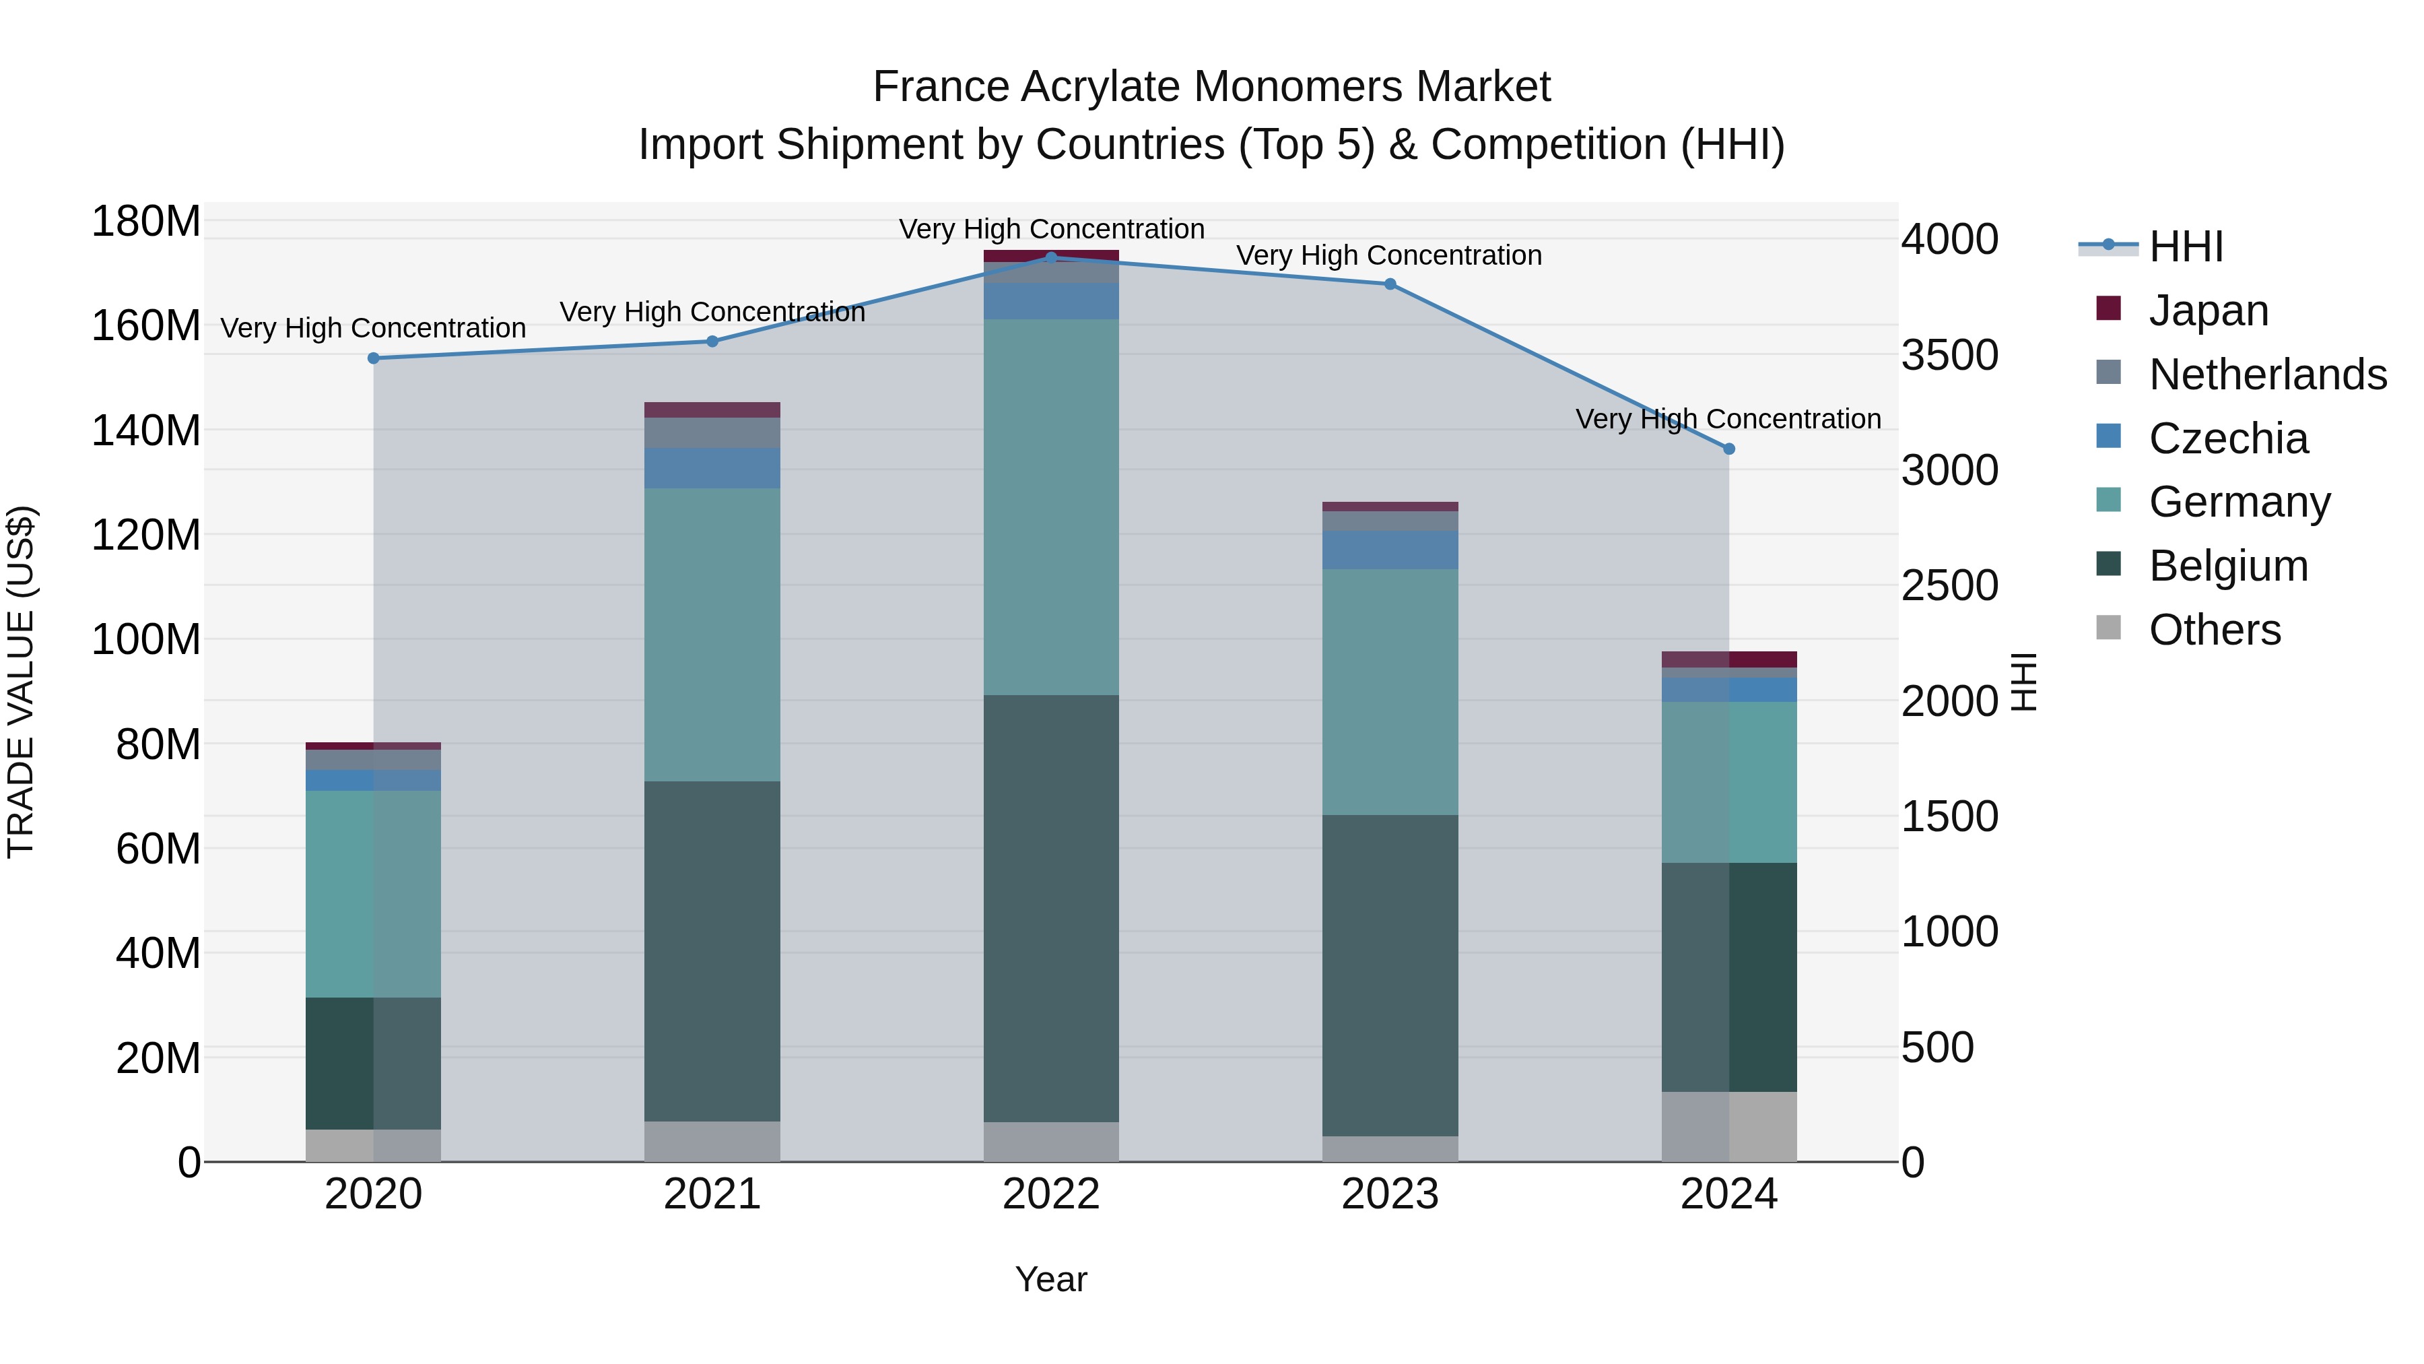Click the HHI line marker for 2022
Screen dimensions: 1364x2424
(x=1051, y=257)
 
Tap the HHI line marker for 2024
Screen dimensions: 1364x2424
(x=1728, y=449)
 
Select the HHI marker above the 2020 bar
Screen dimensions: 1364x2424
(x=374, y=358)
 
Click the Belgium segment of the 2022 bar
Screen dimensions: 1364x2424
(x=1051, y=909)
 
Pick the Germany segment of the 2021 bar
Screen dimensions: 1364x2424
(x=712, y=635)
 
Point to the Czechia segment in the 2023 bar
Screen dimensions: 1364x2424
(x=1390, y=550)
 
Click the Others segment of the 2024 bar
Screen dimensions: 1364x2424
(x=1728, y=1127)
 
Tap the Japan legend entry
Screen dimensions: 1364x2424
(x=2208, y=311)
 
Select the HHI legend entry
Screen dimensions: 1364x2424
(x=2185, y=247)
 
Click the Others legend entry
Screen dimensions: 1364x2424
(x=2214, y=630)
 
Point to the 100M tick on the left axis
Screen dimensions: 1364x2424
(x=146, y=640)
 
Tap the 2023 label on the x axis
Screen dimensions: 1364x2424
(x=1390, y=1194)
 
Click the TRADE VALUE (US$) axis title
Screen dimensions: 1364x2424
(x=22, y=682)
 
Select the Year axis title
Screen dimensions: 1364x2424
(x=1051, y=1279)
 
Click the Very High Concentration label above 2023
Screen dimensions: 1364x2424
(x=1389, y=255)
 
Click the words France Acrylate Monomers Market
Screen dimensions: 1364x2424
(x=1211, y=87)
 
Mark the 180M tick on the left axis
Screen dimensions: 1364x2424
(x=146, y=222)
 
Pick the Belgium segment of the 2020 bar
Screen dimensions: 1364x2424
(x=374, y=1063)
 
